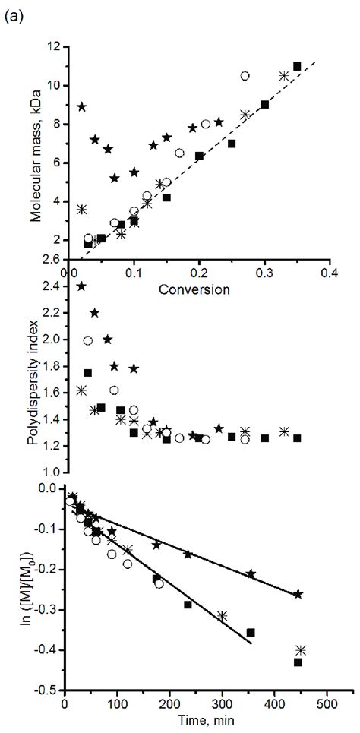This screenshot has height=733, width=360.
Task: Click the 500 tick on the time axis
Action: [327, 705]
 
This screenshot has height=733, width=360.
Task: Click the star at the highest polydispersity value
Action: [81, 286]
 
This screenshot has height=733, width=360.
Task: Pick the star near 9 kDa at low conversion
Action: [82, 106]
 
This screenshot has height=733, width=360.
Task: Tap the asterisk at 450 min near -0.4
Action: [301, 650]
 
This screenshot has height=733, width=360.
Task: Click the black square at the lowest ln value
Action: [298, 662]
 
